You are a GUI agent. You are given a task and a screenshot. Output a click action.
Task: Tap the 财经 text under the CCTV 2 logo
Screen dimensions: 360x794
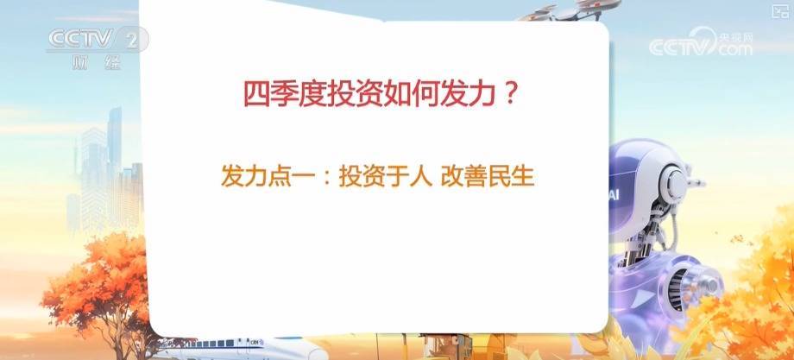click(97, 63)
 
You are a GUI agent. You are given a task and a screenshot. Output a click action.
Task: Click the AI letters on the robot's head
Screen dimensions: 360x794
click(614, 196)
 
